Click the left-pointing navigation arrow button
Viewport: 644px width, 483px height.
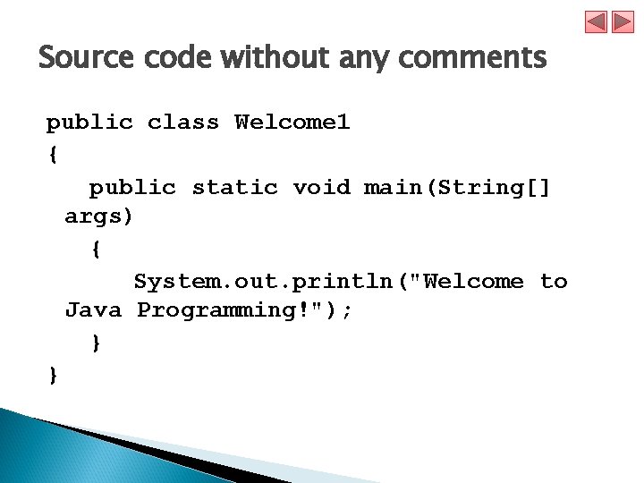[597, 21]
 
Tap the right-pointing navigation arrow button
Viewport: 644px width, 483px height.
[623, 21]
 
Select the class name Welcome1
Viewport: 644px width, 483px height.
[292, 123]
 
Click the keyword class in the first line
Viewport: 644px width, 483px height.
[182, 123]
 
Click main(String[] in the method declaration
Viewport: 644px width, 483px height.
[458, 187]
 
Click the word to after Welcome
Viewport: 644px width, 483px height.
[554, 282]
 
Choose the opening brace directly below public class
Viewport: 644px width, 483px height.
[54, 155]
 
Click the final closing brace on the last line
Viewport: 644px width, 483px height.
[54, 375]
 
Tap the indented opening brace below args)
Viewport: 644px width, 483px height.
[96, 250]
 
